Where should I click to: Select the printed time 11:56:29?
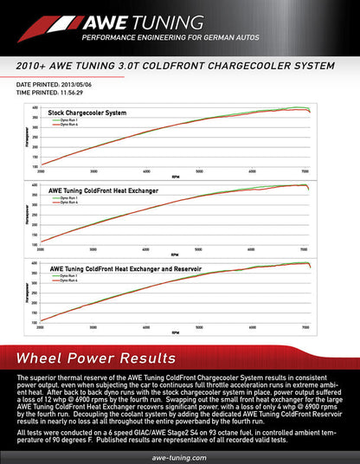[82, 91]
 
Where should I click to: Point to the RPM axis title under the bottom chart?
[175, 333]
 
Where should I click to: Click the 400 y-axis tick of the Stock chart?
[34, 107]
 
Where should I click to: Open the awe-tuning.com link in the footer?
[178, 454]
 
